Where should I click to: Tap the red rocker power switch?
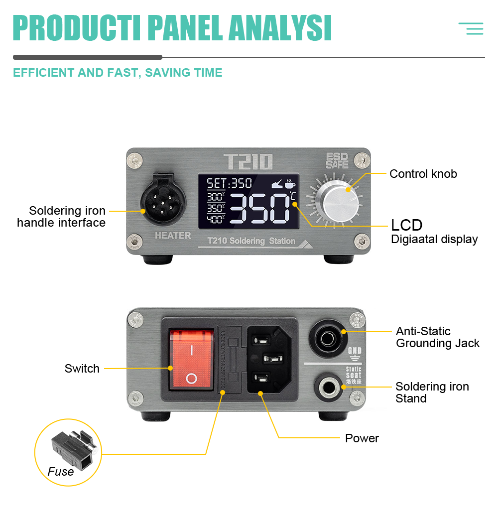pyautogui.click(x=191, y=358)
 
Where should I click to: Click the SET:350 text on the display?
pyautogui.click(x=230, y=183)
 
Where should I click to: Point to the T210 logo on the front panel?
pyautogui.click(x=248, y=162)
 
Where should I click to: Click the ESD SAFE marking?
pyautogui.click(x=337, y=160)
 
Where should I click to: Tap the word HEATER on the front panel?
pyautogui.click(x=172, y=236)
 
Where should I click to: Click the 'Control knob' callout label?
pyautogui.click(x=423, y=174)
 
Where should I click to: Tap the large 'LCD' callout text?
pyautogui.click(x=406, y=225)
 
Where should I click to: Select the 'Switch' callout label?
pyautogui.click(x=82, y=369)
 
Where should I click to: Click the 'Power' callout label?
pyautogui.click(x=362, y=438)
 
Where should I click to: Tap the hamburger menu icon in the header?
pyautogui.click(x=471, y=28)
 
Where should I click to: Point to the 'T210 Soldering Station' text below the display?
pyautogui.click(x=251, y=241)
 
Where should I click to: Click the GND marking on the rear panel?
pyautogui.click(x=354, y=351)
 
